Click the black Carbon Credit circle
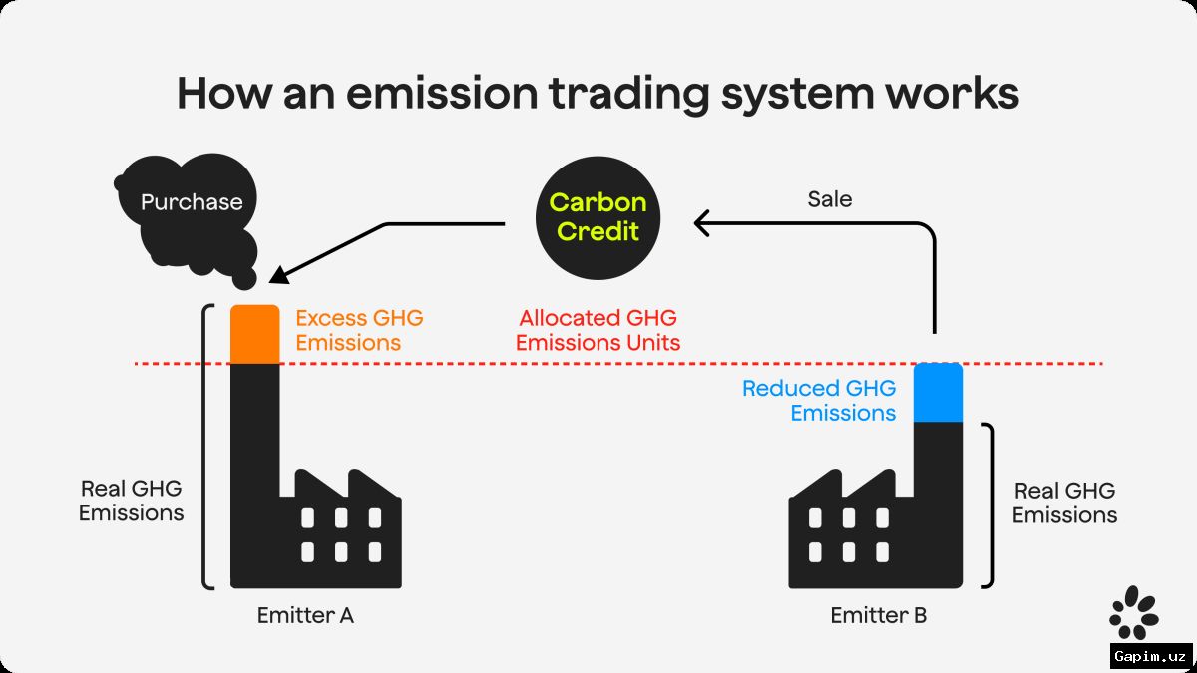[x=598, y=218]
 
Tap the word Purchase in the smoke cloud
[x=192, y=202]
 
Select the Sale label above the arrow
[x=829, y=199]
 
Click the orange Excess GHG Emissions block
[x=255, y=334]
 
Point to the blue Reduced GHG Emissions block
[x=938, y=393]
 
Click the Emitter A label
[x=305, y=615]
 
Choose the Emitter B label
[x=879, y=615]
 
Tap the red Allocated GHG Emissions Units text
[x=598, y=330]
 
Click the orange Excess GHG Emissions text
[x=359, y=330]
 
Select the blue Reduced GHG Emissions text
[x=819, y=401]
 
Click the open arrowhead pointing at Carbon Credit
[x=701, y=223]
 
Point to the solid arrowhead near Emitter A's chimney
[x=279, y=274]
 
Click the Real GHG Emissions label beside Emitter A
[x=131, y=501]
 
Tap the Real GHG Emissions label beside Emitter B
[x=1064, y=503]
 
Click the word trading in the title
[x=629, y=95]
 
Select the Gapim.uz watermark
[x=1150, y=656]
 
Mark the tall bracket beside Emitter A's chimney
[x=203, y=447]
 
